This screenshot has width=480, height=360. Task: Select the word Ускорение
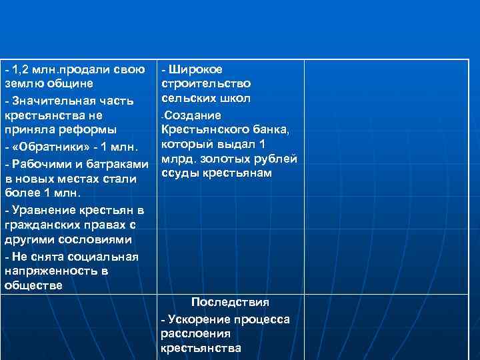198,319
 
